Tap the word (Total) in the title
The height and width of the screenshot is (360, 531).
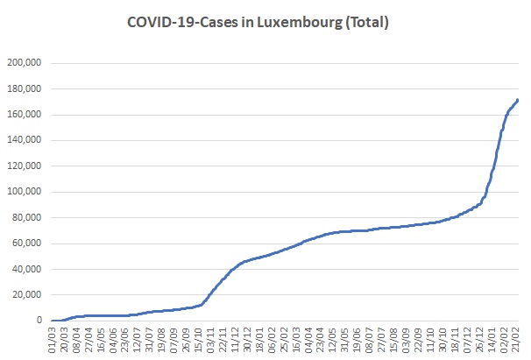click(x=367, y=23)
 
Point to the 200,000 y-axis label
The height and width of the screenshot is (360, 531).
click(x=25, y=63)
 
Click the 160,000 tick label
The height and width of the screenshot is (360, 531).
click(x=25, y=115)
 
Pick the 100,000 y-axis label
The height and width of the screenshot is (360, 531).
click(x=25, y=192)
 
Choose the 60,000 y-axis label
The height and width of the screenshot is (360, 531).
click(x=27, y=244)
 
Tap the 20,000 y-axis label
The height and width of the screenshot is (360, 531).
click(x=27, y=294)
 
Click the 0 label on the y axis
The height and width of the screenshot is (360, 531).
click(x=39, y=320)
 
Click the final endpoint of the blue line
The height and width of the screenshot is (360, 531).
click(x=518, y=100)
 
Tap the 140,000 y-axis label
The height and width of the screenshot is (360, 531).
click(x=25, y=140)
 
